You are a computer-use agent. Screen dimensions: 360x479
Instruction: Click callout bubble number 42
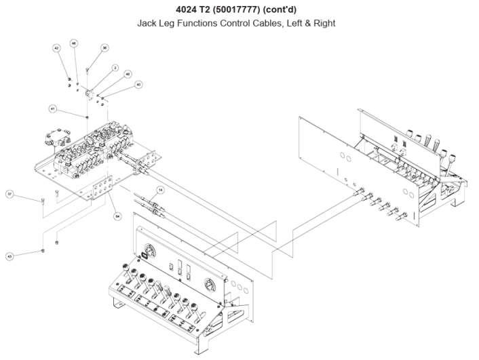[57, 48]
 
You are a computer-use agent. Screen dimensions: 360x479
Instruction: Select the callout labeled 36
[104, 48]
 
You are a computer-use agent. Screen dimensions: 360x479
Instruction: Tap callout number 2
[115, 68]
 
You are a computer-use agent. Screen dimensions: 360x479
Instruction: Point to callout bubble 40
[138, 85]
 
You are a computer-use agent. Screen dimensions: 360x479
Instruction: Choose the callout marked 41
[52, 108]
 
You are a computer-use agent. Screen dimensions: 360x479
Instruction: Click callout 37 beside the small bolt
[9, 194]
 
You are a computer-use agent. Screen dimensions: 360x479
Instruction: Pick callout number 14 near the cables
[160, 190]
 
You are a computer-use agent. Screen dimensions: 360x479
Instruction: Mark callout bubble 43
[9, 256]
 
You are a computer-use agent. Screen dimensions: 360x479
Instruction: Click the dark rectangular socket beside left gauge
[144, 256]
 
